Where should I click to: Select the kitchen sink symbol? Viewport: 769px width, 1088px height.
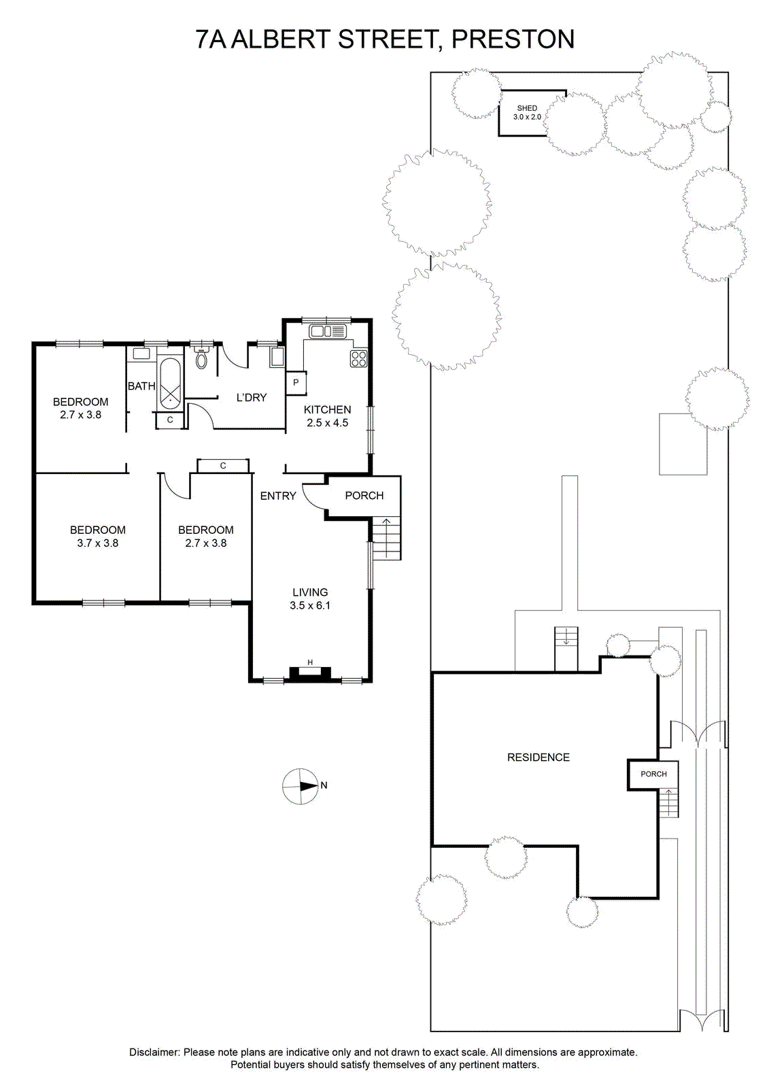click(x=328, y=331)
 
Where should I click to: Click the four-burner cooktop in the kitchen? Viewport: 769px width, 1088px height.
click(x=358, y=358)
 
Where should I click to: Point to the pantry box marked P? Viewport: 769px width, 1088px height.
click(x=296, y=382)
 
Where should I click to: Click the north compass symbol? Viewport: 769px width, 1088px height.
click(x=301, y=786)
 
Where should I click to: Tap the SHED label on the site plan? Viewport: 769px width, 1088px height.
click(x=527, y=108)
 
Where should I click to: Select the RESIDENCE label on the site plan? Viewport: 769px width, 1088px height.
click(x=539, y=758)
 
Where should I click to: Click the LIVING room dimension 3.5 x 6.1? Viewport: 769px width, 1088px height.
click(x=310, y=605)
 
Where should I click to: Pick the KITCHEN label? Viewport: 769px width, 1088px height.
click(x=328, y=409)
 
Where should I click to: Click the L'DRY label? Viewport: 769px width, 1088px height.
click(x=251, y=397)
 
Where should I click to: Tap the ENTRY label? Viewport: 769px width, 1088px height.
click(x=278, y=496)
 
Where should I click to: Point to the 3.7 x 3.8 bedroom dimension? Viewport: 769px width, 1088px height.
click(x=98, y=543)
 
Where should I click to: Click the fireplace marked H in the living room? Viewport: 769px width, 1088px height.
click(x=310, y=674)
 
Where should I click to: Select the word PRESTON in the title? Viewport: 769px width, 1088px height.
click(x=513, y=39)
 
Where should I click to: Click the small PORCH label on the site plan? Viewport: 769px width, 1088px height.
click(x=653, y=774)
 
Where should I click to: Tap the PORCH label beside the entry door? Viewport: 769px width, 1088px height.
click(x=364, y=496)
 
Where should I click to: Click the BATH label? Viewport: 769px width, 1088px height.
click(x=141, y=386)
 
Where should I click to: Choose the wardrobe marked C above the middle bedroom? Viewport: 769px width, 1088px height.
click(x=223, y=465)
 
